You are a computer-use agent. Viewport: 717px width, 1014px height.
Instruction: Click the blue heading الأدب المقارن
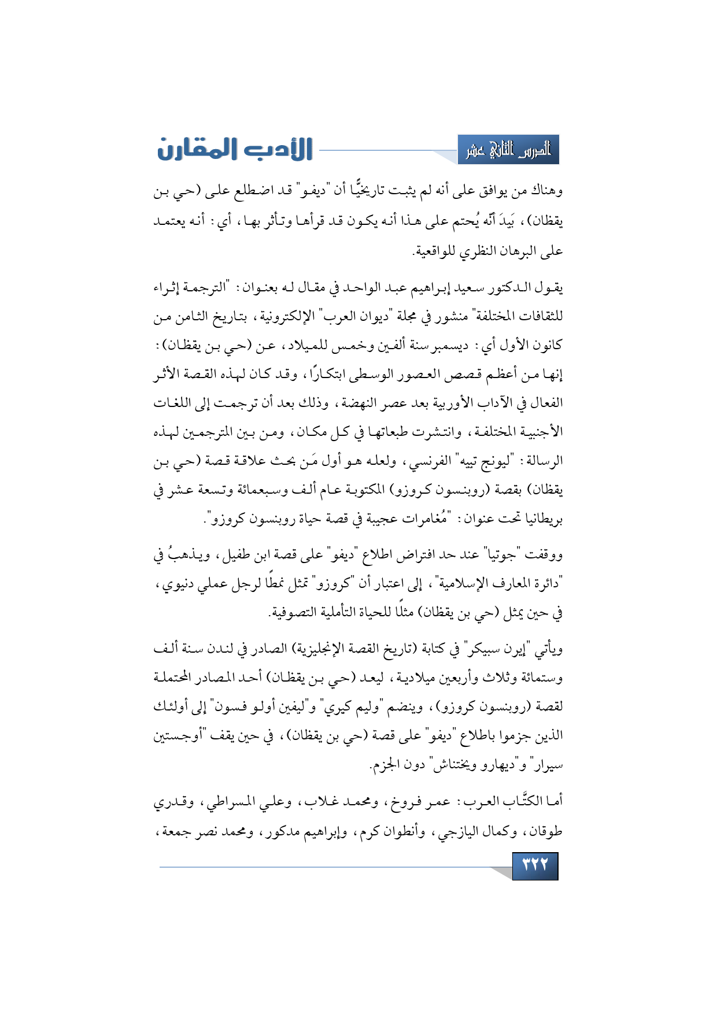coord(235,149)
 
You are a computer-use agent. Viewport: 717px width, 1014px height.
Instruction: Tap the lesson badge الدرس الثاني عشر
coord(508,150)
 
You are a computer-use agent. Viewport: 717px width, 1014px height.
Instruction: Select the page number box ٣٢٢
coord(535,865)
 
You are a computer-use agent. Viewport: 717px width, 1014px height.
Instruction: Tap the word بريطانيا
coord(544,519)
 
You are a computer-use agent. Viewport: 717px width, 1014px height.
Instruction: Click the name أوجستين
coord(178,735)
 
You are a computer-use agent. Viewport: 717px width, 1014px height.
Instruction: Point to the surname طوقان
coord(546,831)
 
